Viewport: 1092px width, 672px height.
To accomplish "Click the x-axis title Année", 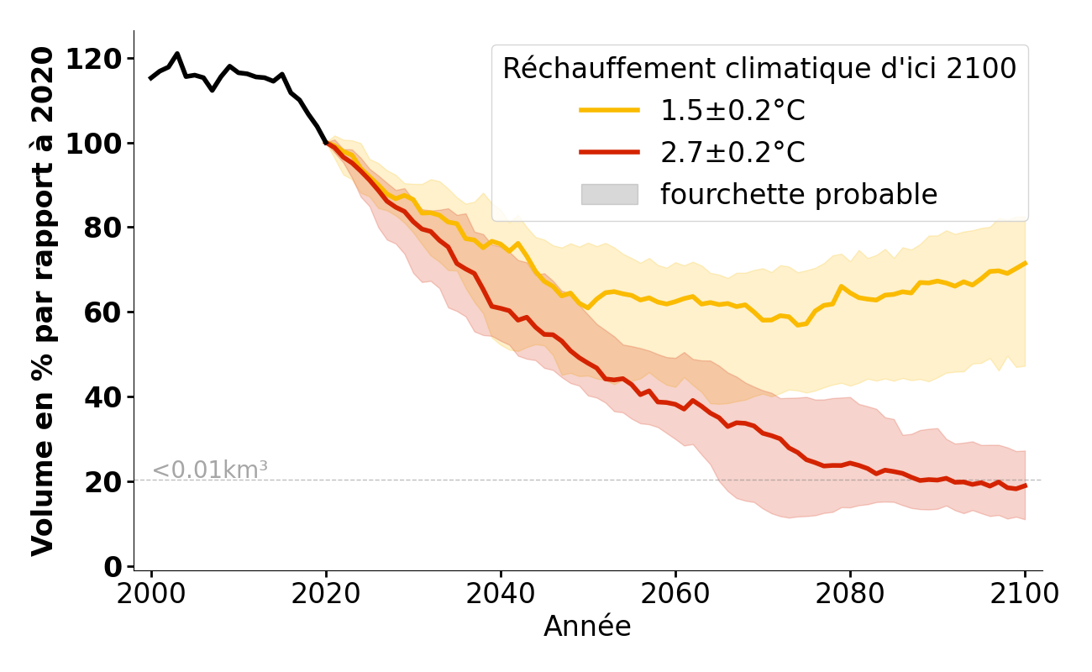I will pos(587,627).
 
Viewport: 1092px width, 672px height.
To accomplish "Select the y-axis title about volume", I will pos(44,301).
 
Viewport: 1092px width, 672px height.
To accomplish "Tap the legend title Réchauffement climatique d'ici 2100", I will pos(759,69).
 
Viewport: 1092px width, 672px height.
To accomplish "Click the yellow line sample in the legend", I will pos(609,110).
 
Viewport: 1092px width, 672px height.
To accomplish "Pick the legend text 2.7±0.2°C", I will pos(732,153).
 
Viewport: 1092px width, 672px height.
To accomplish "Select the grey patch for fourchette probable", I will pos(609,195).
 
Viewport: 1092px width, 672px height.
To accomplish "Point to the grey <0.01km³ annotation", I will pos(210,470).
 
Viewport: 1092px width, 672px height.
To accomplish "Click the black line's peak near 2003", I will pos(177,54).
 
